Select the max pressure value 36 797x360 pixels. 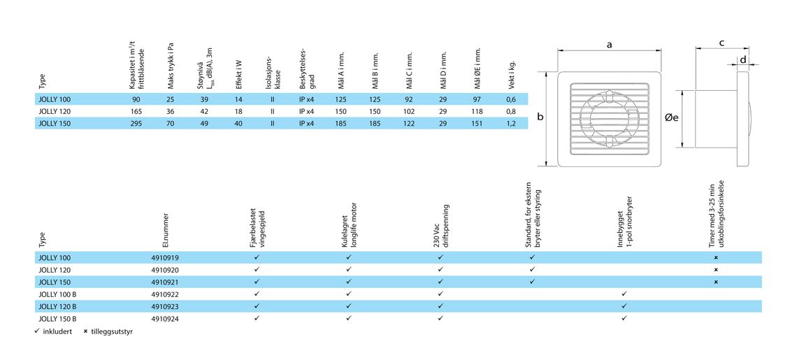pyautogui.click(x=171, y=111)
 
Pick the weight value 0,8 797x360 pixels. pyautogui.click(x=511, y=111)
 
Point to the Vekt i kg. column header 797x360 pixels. pyautogui.click(x=512, y=73)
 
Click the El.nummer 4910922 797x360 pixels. pyautogui.click(x=166, y=294)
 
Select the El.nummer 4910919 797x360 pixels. pyautogui.click(x=166, y=257)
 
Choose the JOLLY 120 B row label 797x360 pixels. pyautogui.click(x=57, y=306)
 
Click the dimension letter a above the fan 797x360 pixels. pyautogui.click(x=609, y=45)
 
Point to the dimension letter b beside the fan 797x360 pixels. pyautogui.click(x=540, y=117)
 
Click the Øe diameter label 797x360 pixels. pyautogui.click(x=672, y=117)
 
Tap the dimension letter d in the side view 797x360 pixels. pyautogui.click(x=742, y=59)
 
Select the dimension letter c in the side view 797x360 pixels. pyautogui.click(x=721, y=43)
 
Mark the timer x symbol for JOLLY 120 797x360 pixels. pyautogui.click(x=716, y=270)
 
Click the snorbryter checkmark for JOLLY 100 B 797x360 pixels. pyautogui.click(x=624, y=294)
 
